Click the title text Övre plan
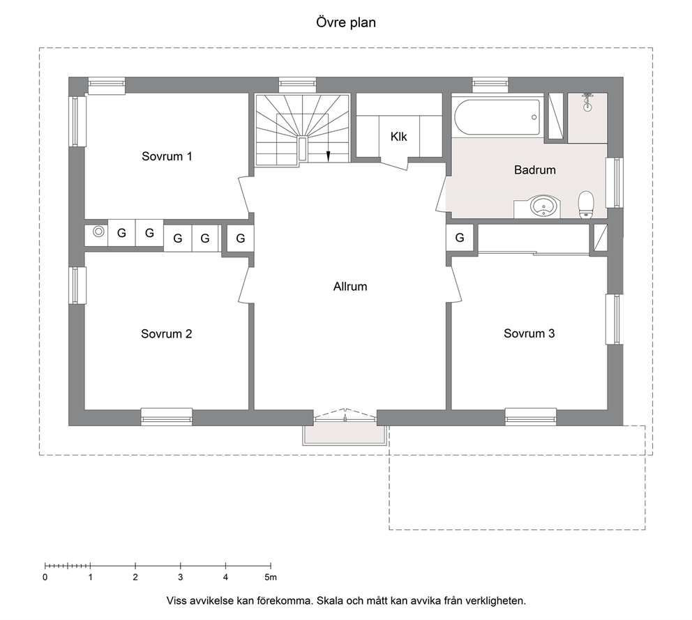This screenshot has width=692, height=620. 346,22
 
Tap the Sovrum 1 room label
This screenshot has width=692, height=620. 167,156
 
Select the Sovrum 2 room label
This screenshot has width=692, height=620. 167,333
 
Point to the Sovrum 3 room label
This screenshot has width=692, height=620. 529,333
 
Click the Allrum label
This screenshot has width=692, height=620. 350,287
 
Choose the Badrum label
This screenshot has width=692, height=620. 535,170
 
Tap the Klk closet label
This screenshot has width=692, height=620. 398,137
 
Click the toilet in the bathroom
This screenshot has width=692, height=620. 586,205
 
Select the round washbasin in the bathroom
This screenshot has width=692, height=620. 543,206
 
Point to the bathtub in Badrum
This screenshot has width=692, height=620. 497,118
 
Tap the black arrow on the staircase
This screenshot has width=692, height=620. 328,156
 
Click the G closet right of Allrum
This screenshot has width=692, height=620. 460,238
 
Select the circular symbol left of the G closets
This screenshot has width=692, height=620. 98,232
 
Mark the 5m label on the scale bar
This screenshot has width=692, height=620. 271,577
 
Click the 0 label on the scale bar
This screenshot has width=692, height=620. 45,577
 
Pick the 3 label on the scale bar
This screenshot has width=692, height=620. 181,577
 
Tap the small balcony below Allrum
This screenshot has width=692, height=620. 345,435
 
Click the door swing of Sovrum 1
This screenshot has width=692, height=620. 243,194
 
